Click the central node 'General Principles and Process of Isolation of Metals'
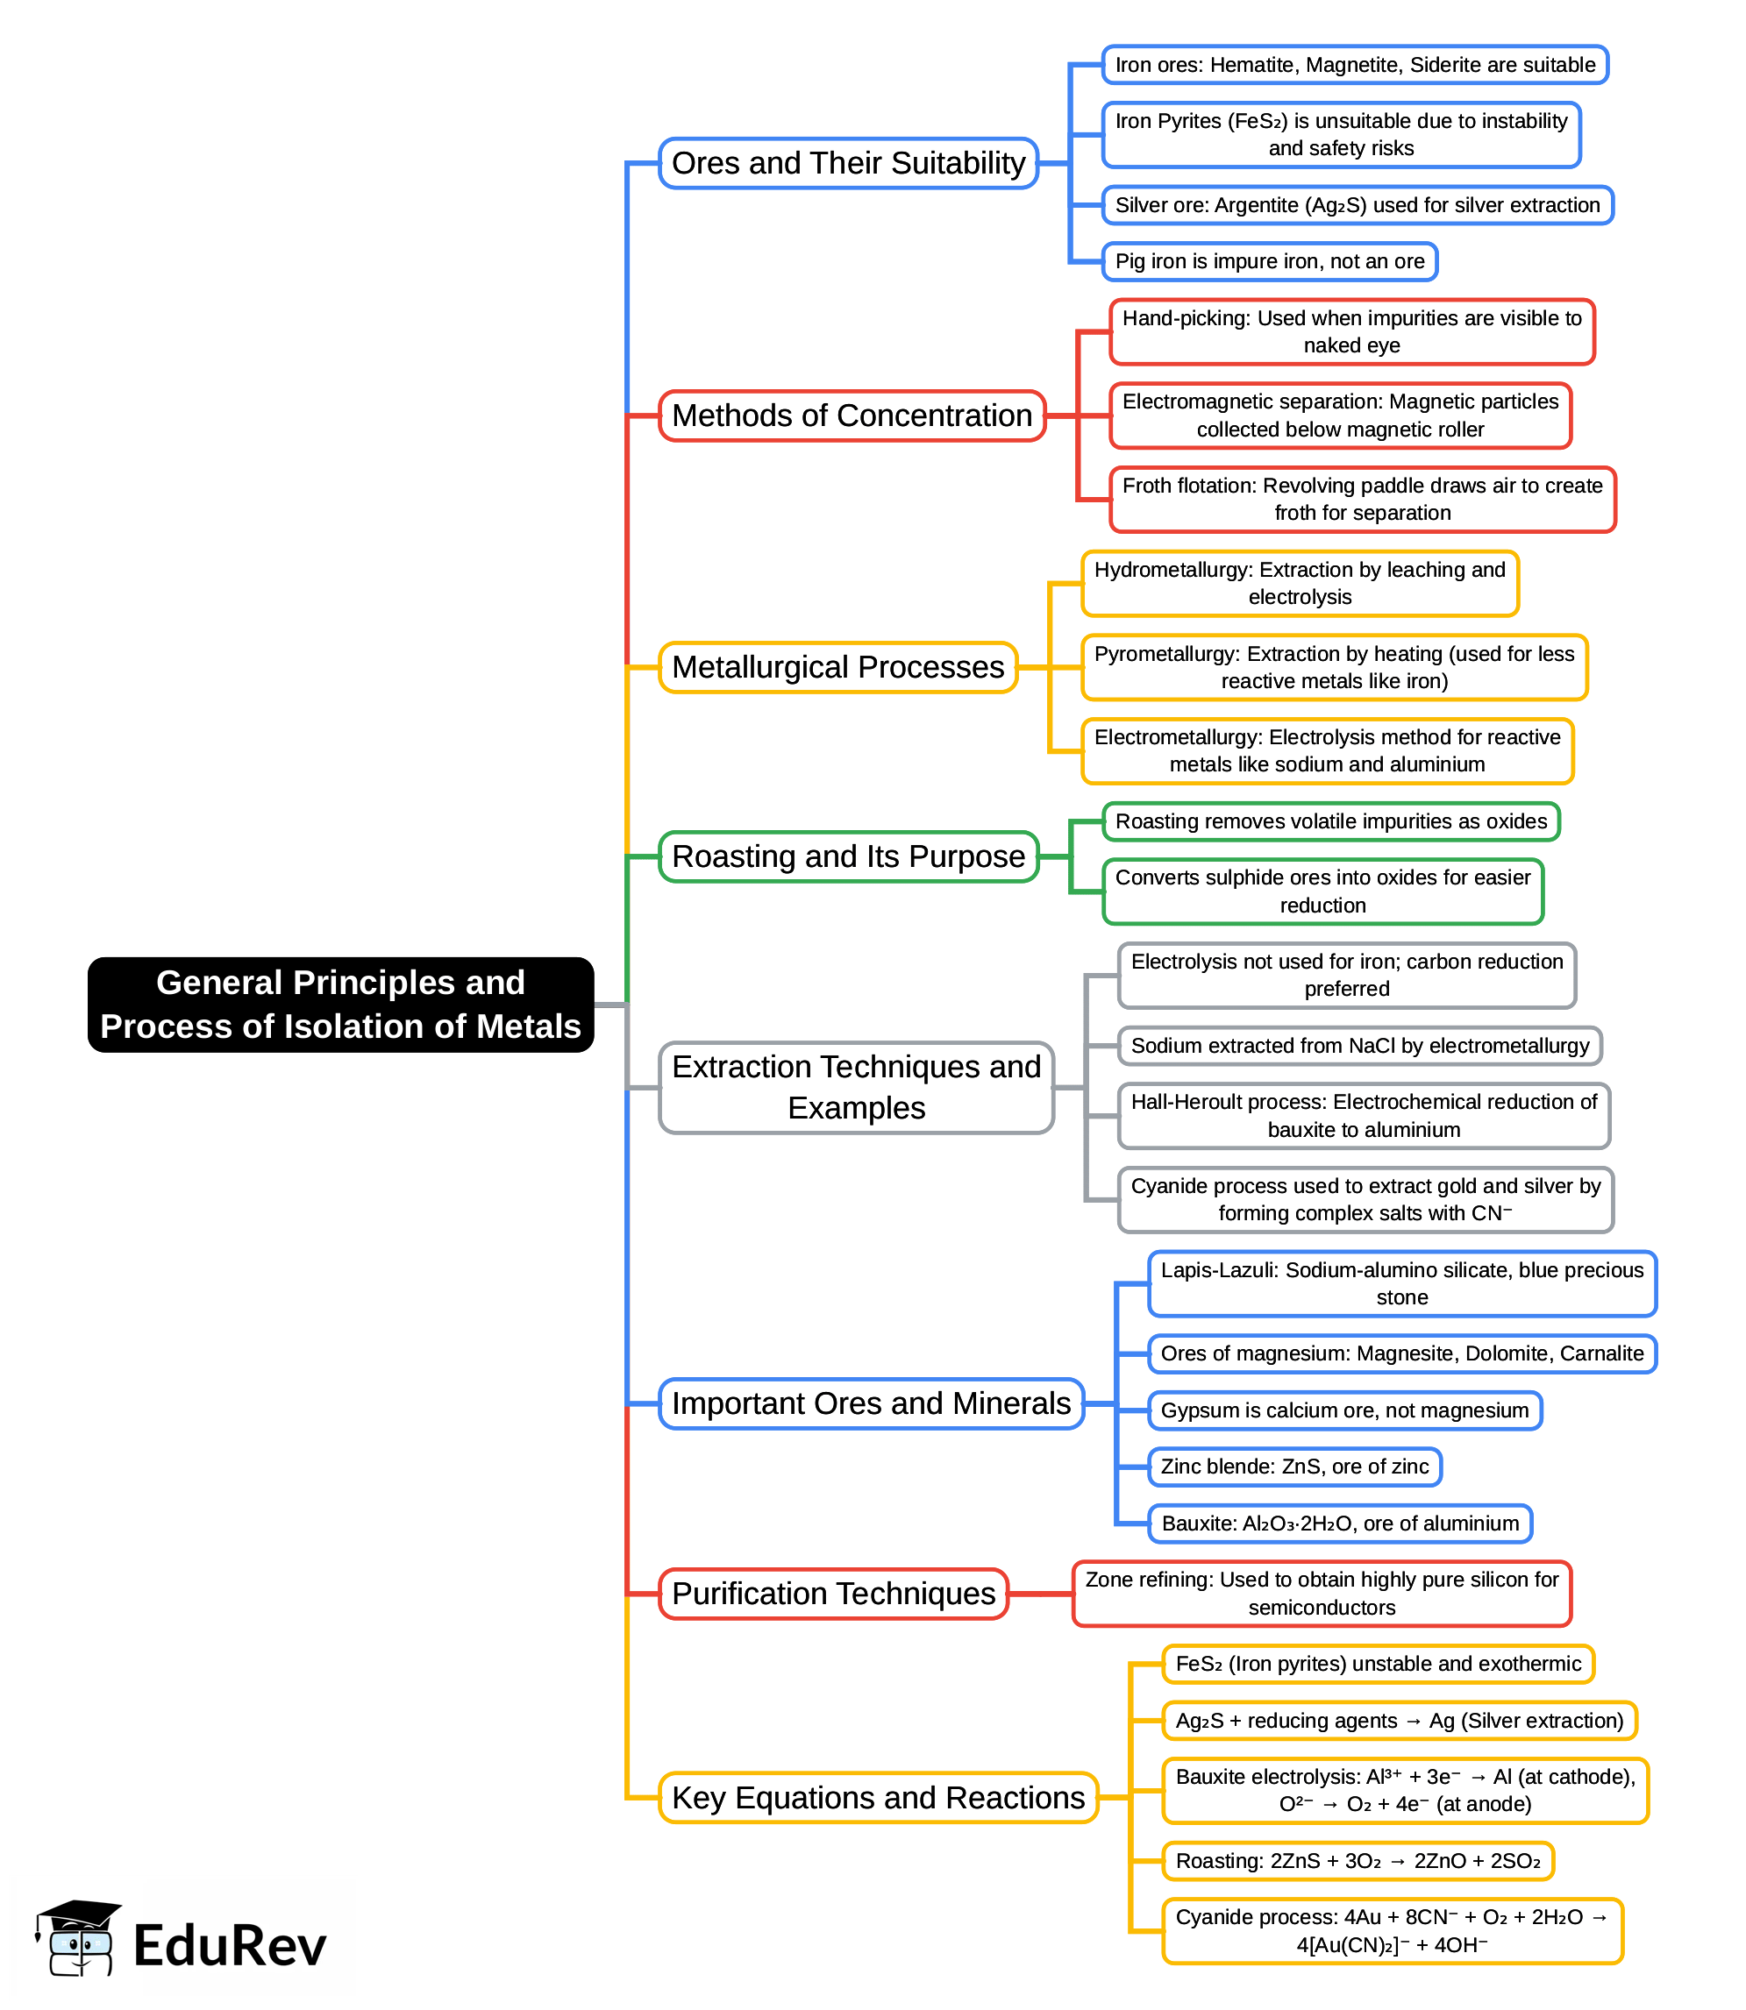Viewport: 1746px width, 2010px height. pyautogui.click(x=340, y=1004)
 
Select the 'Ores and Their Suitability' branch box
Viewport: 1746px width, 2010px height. pyautogui.click(x=848, y=163)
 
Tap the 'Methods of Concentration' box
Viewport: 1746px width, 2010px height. pyautogui.click(x=852, y=415)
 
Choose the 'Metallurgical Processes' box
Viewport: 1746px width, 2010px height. pyautogui.click(x=838, y=667)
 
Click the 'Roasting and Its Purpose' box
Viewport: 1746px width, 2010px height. pyautogui.click(x=848, y=856)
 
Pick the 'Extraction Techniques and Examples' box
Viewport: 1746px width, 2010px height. pyautogui.click(x=856, y=1087)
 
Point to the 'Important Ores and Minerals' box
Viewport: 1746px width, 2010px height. pyautogui.click(x=870, y=1403)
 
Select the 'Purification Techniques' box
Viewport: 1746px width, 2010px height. pyautogui.click(x=833, y=1594)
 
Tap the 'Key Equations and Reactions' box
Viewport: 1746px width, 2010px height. pyautogui.click(x=878, y=1797)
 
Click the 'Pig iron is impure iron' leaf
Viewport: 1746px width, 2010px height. pyautogui.click(x=1269, y=261)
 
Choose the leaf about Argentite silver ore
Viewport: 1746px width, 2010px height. pyautogui.click(x=1357, y=204)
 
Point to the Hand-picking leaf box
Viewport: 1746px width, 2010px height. pyautogui.click(x=1351, y=332)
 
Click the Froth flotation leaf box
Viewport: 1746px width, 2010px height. pyautogui.click(x=1361, y=500)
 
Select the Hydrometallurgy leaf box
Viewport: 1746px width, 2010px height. pyautogui.click(x=1299, y=583)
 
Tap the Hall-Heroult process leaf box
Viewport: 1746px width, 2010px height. pyautogui.click(x=1363, y=1116)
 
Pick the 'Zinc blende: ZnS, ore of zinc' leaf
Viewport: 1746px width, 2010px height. pyautogui.click(x=1293, y=1467)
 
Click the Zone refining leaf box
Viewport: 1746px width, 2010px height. pyautogui.click(x=1322, y=1594)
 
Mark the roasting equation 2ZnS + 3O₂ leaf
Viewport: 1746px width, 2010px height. pyautogui.click(x=1358, y=1861)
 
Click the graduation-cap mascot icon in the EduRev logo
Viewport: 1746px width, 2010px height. pyautogui.click(x=78, y=1938)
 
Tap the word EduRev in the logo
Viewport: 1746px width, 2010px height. pyautogui.click(x=229, y=1946)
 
